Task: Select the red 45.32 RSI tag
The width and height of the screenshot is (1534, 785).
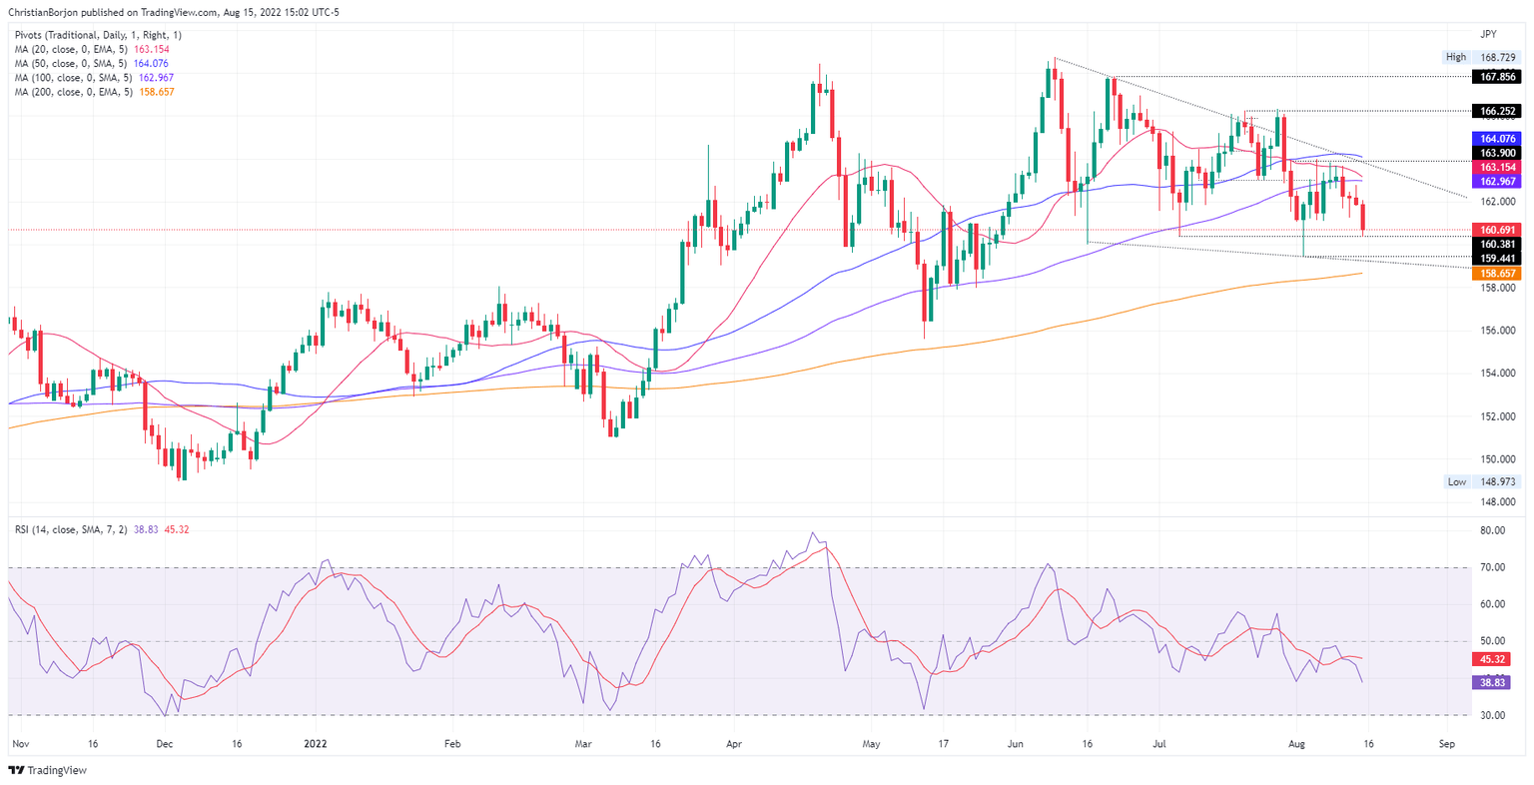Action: pyautogui.click(x=1493, y=659)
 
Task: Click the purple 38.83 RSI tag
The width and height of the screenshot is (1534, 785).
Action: pyautogui.click(x=1493, y=682)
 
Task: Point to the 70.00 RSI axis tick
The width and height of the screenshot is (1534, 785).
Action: pyautogui.click(x=1493, y=567)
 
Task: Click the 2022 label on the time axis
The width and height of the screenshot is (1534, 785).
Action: pyautogui.click(x=315, y=744)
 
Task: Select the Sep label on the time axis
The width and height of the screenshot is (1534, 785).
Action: pyautogui.click(x=1446, y=744)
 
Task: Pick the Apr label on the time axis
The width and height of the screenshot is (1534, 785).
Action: pyautogui.click(x=734, y=744)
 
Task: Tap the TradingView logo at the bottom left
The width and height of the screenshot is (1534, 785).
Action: pyautogui.click(x=48, y=770)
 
